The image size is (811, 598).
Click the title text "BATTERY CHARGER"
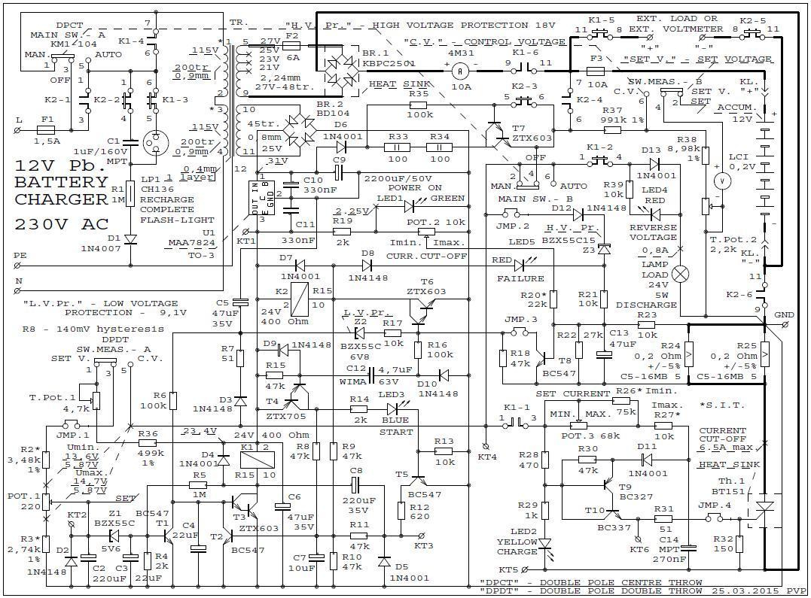pyautogui.click(x=61, y=191)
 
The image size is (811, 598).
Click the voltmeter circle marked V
pyautogui.click(x=722, y=181)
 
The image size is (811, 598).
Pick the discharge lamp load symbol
pyautogui.click(x=681, y=274)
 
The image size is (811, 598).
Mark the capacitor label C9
pyautogui.click(x=340, y=159)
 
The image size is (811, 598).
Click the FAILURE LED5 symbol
pyautogui.click(x=519, y=265)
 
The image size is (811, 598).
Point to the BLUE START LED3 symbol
pyautogui.click(x=392, y=408)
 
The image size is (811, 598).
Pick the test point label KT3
pyautogui.click(x=424, y=545)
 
